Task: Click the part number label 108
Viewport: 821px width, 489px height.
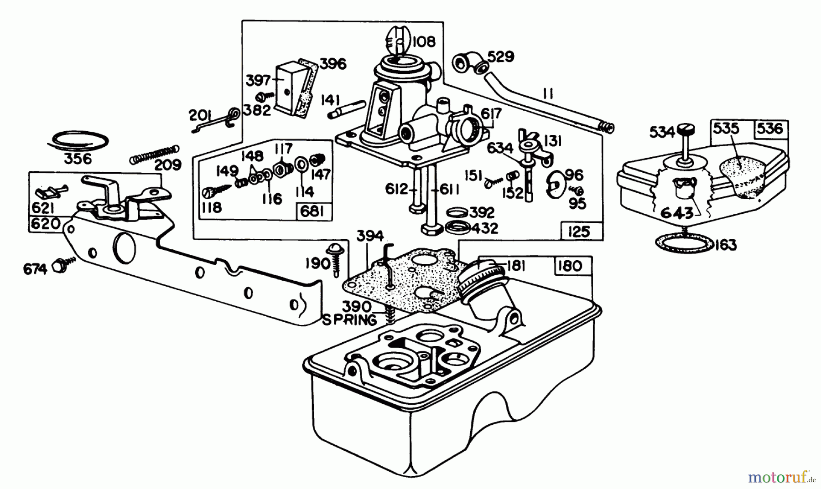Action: point(424,42)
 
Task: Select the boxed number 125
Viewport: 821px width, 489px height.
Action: point(579,232)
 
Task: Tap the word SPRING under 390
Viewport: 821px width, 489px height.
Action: point(350,320)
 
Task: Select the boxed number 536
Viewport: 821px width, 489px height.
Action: point(769,129)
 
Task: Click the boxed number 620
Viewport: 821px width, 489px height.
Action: point(45,223)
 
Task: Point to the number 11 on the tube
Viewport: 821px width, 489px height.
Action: point(548,94)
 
